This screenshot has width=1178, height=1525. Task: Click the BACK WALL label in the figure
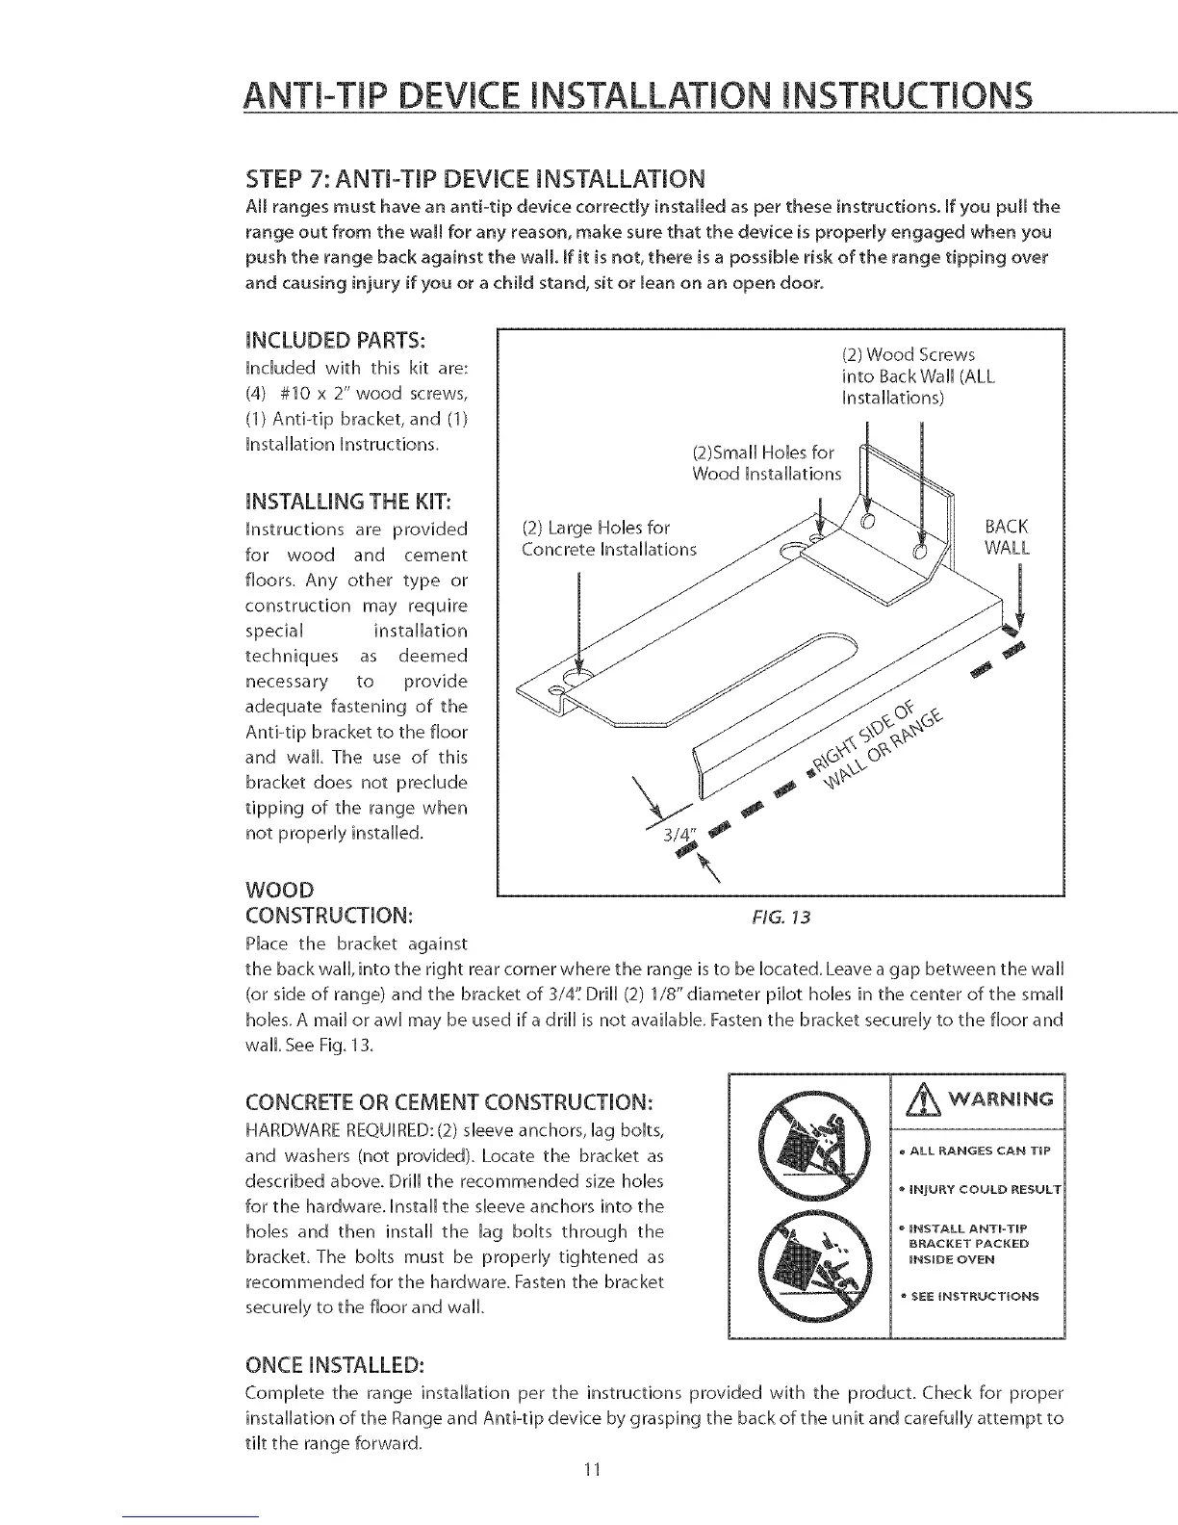(x=1006, y=537)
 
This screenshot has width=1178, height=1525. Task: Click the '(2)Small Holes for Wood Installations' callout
(x=766, y=463)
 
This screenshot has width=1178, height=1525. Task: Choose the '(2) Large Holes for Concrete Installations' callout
(x=607, y=538)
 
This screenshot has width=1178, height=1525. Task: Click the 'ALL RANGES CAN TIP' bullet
(x=975, y=1151)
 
